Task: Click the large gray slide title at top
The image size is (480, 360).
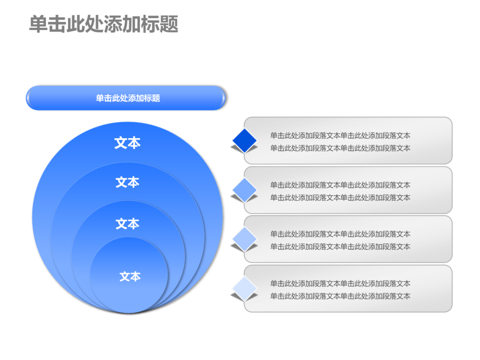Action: click(104, 24)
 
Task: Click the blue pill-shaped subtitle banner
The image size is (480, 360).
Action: click(126, 98)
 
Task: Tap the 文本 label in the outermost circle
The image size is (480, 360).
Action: click(127, 143)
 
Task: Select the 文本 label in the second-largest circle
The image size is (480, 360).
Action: click(127, 182)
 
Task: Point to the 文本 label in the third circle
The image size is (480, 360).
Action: click(127, 224)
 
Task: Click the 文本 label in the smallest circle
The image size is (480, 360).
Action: click(130, 276)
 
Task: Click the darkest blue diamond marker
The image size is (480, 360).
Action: click(245, 140)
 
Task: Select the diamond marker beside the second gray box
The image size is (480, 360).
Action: click(245, 190)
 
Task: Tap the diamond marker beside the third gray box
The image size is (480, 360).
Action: click(245, 239)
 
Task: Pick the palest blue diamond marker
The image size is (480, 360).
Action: click(245, 288)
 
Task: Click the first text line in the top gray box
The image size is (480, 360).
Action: click(340, 136)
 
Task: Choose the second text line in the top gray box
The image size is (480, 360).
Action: click(340, 148)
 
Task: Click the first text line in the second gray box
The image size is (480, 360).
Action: click(340, 185)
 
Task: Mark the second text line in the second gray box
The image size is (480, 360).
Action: click(340, 198)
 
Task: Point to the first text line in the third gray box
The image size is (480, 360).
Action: click(340, 234)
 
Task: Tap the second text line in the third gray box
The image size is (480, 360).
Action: click(340, 247)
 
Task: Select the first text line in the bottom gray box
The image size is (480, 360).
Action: click(340, 284)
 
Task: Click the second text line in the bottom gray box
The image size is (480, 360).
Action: click(340, 296)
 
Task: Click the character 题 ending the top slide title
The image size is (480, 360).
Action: click(169, 24)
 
